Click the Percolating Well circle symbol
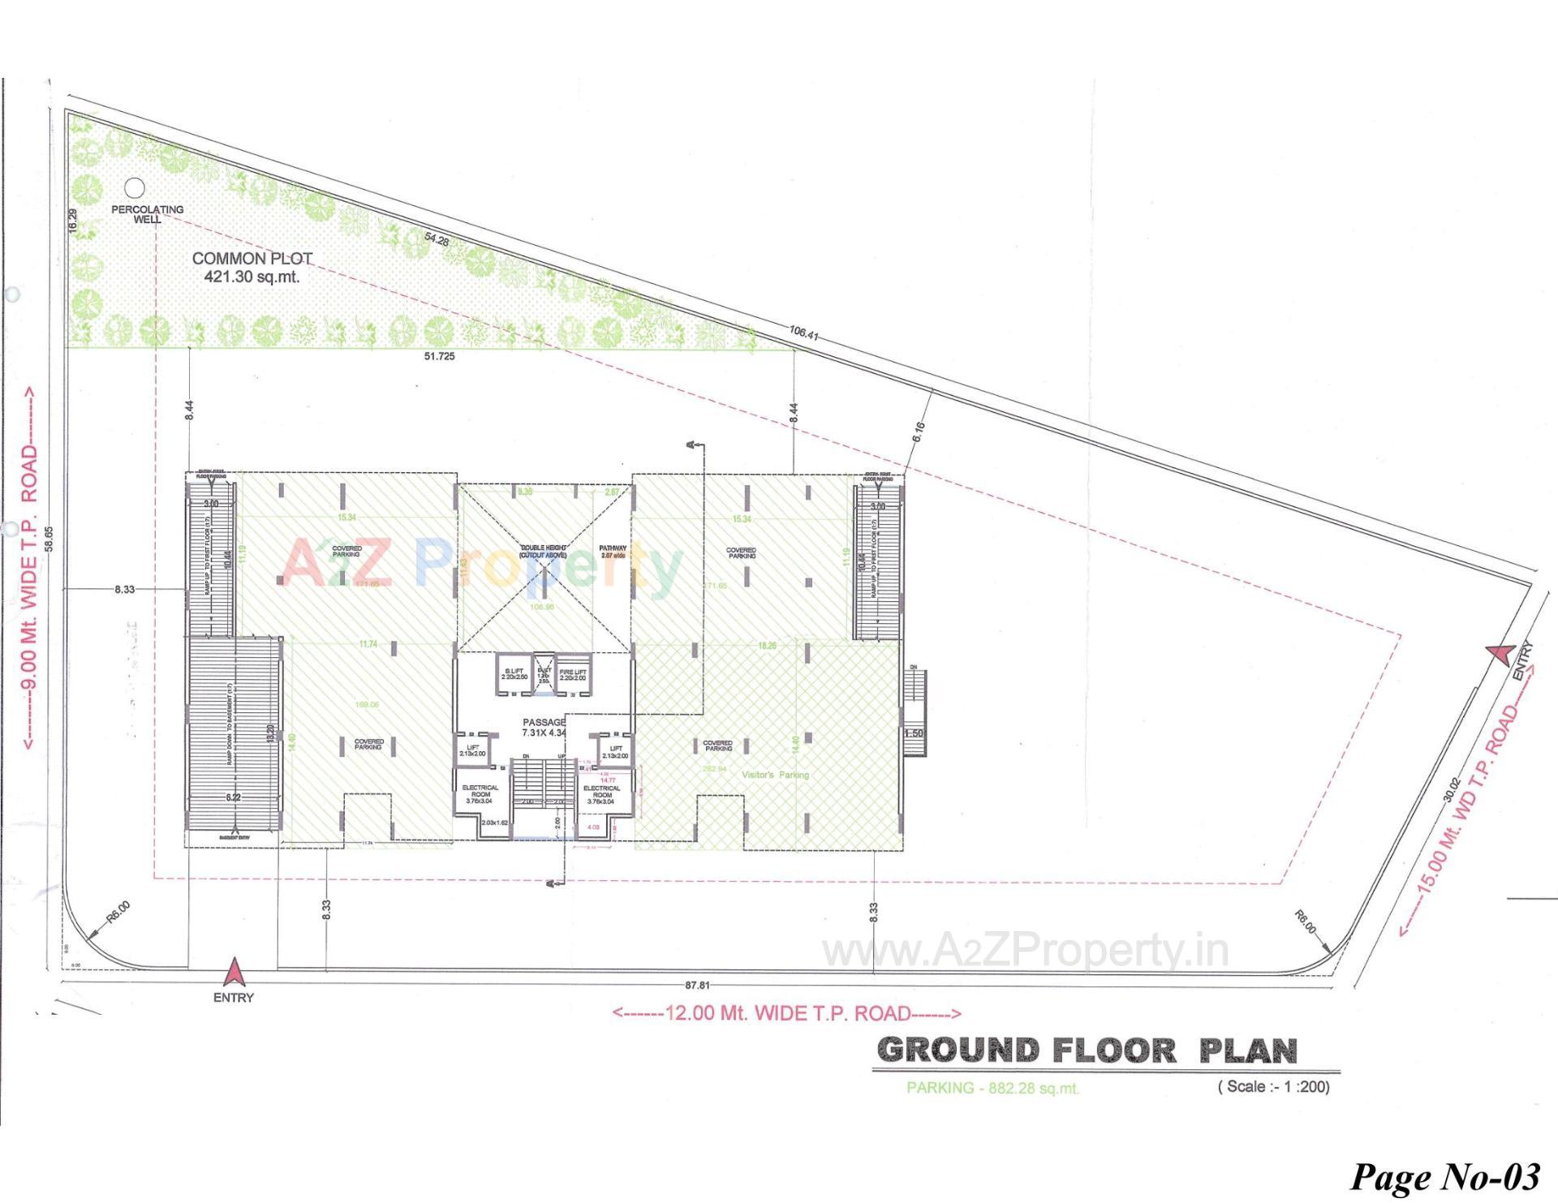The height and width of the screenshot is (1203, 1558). tap(135, 188)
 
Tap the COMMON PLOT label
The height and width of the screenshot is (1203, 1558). tap(252, 259)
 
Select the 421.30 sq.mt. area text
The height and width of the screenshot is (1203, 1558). tap(252, 277)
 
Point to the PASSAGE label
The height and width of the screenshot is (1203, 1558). tap(544, 722)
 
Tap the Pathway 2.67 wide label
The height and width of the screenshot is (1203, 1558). tap(613, 552)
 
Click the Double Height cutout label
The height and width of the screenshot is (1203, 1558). tap(543, 552)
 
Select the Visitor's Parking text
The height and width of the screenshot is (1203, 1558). tap(775, 775)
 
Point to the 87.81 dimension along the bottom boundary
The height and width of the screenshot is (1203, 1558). tap(697, 986)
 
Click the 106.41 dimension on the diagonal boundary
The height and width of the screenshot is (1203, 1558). tap(803, 331)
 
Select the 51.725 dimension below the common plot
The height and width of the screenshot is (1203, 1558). tap(439, 356)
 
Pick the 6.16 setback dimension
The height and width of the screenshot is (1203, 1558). tap(919, 432)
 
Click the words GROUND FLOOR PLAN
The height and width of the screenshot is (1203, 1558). tap(1087, 1050)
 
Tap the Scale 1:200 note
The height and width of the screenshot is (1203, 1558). tap(1273, 1086)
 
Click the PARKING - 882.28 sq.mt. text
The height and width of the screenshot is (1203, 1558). tap(992, 1088)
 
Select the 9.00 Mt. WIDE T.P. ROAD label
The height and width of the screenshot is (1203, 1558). tap(29, 568)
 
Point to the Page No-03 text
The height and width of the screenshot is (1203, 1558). tap(1444, 1176)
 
